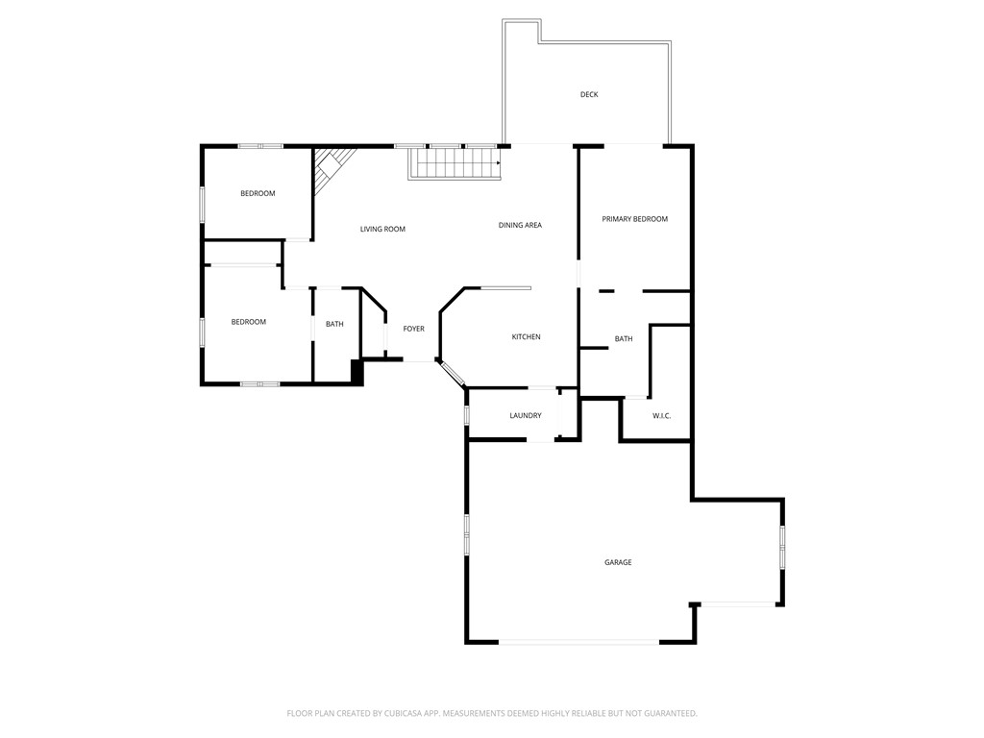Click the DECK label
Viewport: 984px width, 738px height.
[589, 94]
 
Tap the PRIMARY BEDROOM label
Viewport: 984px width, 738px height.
[634, 219]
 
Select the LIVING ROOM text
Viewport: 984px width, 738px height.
[382, 229]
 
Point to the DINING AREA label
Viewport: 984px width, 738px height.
[520, 225]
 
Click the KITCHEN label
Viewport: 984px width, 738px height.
[526, 337]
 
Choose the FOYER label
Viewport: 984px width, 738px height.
[413, 329]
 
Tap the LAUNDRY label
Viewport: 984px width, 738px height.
[526, 415]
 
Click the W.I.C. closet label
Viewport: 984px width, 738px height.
[661, 415]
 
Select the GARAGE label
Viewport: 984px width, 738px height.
[618, 562]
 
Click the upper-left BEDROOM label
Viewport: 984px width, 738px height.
[258, 193]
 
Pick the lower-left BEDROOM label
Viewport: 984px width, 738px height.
[248, 322]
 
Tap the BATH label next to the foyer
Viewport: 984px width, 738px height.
[334, 324]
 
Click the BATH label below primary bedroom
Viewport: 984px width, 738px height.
[624, 338]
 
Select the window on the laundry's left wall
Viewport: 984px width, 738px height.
[467, 415]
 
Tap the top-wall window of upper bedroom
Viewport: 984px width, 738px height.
[260, 146]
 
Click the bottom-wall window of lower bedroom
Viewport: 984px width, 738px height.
[259, 384]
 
